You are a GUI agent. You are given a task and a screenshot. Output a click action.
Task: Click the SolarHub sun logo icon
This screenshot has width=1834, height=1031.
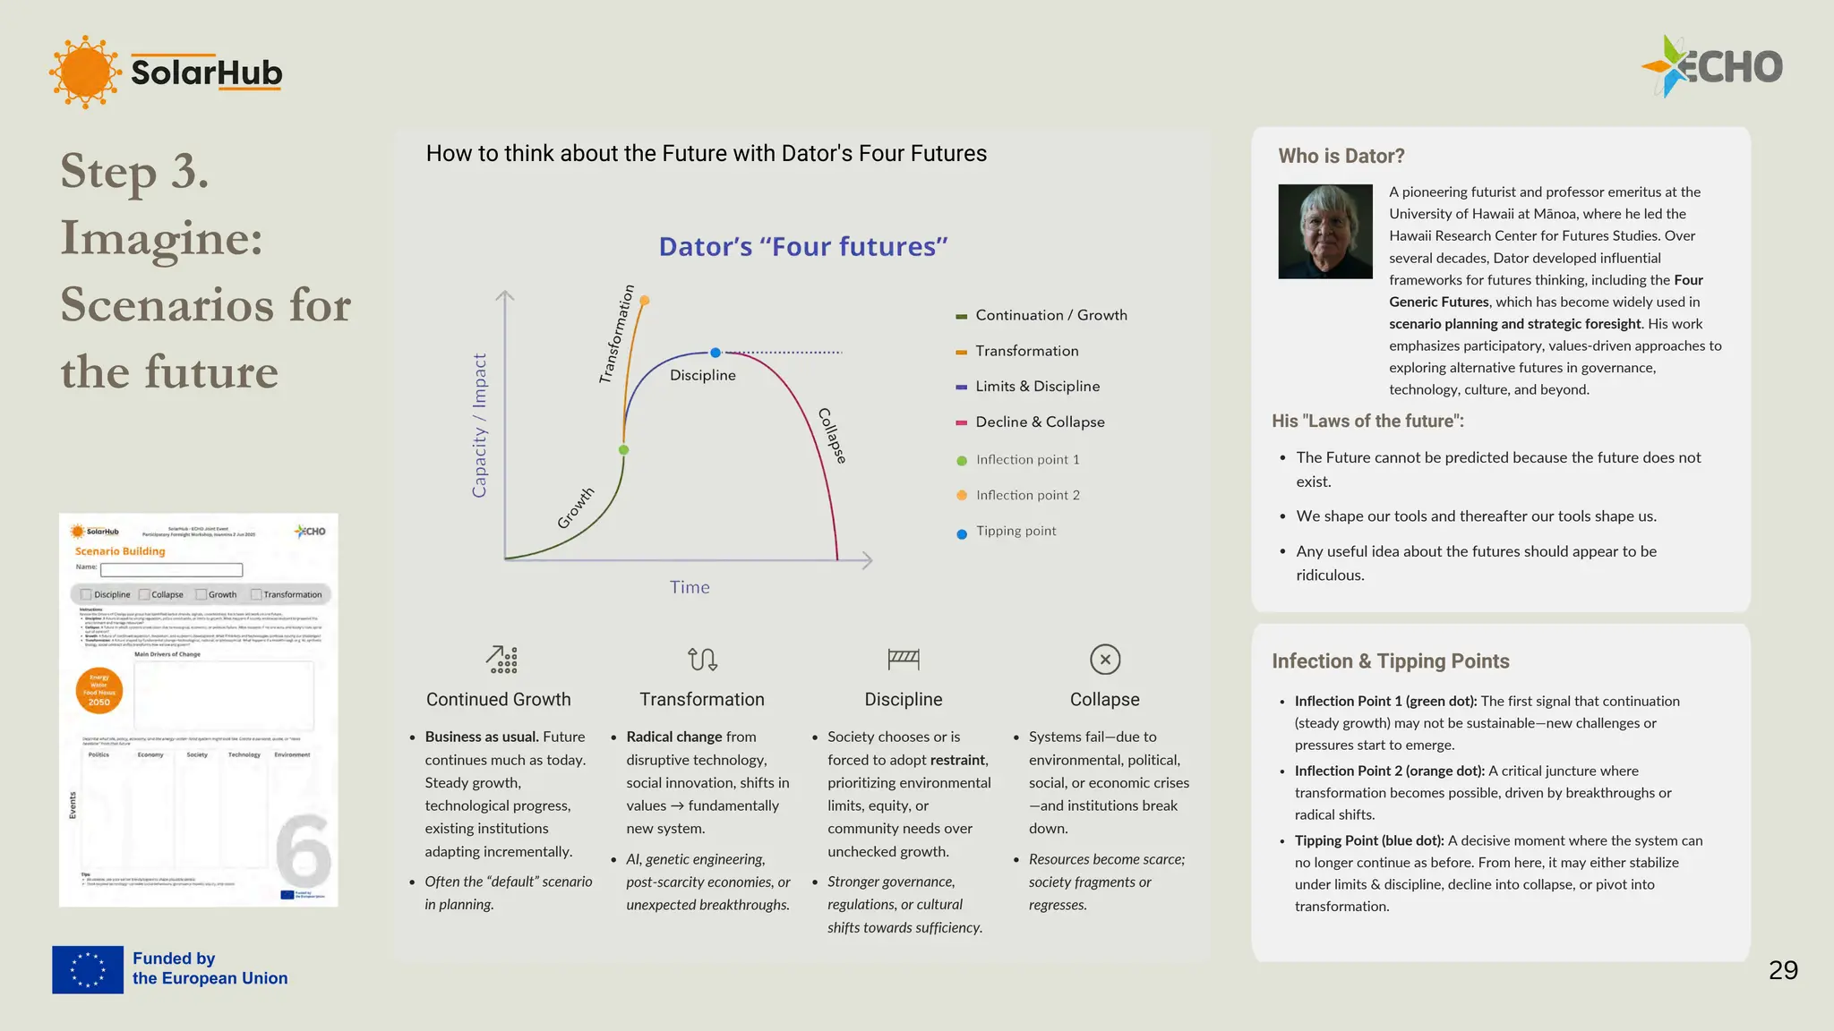[x=85, y=72]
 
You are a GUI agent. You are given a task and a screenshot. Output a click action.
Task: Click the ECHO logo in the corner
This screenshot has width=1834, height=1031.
[x=1711, y=66]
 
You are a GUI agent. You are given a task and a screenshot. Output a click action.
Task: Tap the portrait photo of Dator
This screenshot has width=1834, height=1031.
[x=1324, y=232]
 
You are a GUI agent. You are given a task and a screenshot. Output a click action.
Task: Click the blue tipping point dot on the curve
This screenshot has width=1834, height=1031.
[x=716, y=353]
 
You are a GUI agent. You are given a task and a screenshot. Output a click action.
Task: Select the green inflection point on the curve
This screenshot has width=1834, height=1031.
[x=624, y=450]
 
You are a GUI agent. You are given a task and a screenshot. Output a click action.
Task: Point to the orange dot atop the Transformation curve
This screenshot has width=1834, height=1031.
[x=645, y=301]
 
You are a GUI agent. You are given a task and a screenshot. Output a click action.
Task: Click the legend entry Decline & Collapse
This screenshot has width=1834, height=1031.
[x=1040, y=422]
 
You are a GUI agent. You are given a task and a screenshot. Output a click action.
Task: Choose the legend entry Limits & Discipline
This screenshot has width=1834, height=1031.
[x=1037, y=387]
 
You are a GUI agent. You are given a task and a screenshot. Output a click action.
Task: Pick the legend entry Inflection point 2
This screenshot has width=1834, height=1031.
[x=1027, y=496]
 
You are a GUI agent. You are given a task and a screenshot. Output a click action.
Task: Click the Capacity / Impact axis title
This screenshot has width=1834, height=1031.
[x=479, y=425]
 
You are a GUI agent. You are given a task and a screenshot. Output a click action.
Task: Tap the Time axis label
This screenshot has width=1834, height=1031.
[x=690, y=588]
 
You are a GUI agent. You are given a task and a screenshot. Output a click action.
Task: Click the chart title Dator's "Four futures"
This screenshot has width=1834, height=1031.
[x=802, y=247]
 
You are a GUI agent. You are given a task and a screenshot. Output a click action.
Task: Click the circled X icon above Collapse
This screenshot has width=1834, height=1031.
[x=1105, y=660]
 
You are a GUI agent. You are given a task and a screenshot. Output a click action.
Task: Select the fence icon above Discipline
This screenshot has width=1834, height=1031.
[x=903, y=660]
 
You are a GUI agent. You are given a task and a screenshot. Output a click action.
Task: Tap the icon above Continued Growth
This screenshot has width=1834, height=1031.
[x=501, y=660]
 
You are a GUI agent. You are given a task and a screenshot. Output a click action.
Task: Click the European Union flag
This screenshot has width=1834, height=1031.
[x=88, y=969]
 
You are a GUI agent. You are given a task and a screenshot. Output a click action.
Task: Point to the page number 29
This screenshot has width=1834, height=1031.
[x=1783, y=970]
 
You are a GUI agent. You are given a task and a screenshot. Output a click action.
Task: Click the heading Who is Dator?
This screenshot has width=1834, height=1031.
[x=1341, y=157]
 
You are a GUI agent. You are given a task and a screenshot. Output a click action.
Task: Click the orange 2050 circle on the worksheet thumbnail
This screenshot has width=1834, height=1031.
[x=99, y=691]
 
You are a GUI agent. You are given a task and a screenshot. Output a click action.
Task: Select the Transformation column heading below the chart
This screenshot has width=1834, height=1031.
[x=701, y=700]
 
